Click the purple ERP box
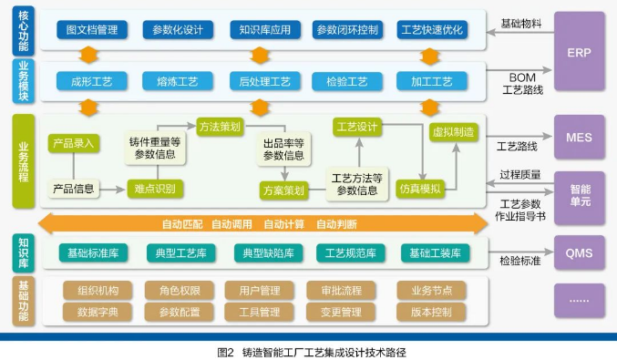pos(579,51)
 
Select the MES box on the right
pos(579,138)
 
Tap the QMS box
pos(579,251)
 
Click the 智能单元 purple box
pos(579,195)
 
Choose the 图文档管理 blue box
pos(92,30)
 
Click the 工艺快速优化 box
pos(430,30)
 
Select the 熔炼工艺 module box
pos(177,81)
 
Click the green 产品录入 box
pos(73,143)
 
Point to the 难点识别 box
pos(154,189)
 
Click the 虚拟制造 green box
pos(455,132)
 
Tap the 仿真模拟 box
pos(420,190)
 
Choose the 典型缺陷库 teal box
pos(263,252)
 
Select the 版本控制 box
pos(430,312)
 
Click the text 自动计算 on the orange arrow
pos(283,223)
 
